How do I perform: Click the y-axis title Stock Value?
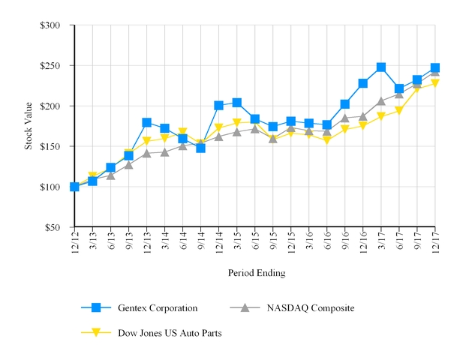coord(29,125)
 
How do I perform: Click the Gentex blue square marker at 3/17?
coord(381,67)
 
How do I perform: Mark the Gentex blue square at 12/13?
coord(146,122)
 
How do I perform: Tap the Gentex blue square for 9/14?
coord(200,148)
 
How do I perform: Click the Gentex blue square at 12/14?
coord(218,106)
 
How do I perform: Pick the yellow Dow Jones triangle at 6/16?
coord(326,140)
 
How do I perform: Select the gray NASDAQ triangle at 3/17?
coord(381,100)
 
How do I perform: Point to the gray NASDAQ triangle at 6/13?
coord(110,175)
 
